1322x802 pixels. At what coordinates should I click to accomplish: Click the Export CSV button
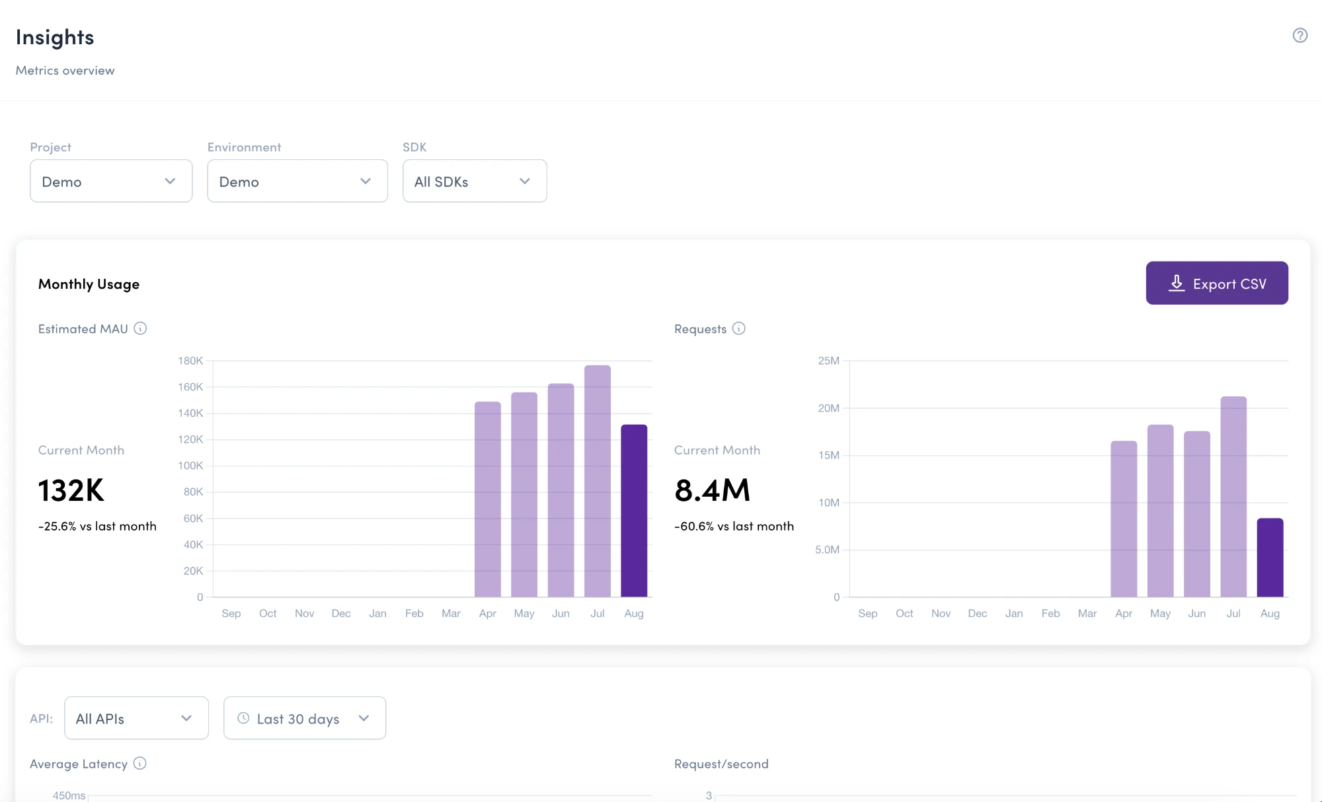1217,283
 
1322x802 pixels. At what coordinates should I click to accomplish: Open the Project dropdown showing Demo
111,181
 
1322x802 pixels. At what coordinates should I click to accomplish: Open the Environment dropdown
297,181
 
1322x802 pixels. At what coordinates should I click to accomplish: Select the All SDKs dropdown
475,181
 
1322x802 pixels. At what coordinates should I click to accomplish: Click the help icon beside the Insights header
1300,36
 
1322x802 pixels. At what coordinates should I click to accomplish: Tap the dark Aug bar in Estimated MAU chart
634,511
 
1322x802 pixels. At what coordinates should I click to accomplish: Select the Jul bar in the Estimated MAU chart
598,481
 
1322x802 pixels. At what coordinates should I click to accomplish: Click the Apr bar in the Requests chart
1124,519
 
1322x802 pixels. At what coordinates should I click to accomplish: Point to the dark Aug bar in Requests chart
1270,558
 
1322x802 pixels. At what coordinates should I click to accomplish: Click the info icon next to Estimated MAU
140,328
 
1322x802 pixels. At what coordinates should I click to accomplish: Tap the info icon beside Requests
739,328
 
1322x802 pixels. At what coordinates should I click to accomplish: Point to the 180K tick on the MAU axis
190,361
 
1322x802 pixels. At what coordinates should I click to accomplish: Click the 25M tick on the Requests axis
829,361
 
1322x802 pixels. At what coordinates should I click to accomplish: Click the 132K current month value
71,491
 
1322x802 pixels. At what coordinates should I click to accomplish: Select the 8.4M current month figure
713,491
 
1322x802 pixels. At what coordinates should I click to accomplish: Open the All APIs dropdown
136,718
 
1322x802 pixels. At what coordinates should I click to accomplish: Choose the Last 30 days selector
305,718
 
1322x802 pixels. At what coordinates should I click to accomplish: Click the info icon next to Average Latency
139,763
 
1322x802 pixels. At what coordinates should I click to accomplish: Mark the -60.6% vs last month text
734,527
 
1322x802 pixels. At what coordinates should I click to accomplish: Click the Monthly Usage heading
89,284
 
